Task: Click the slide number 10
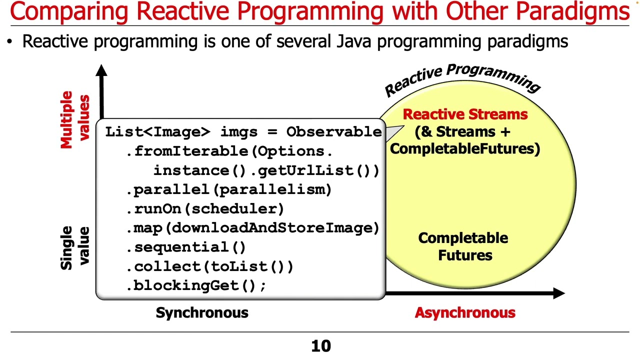[321, 346]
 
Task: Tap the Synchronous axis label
[202, 313]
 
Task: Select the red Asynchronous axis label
[464, 313]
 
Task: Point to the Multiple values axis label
[74, 119]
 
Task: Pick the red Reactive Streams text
[465, 114]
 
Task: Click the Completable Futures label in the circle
[463, 246]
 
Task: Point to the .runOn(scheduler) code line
[205, 208]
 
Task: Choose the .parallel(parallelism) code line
[229, 189]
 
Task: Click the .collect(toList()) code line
[210, 266]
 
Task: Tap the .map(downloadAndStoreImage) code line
[253, 228]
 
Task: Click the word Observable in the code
[334, 132]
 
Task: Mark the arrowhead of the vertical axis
[102, 70]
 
